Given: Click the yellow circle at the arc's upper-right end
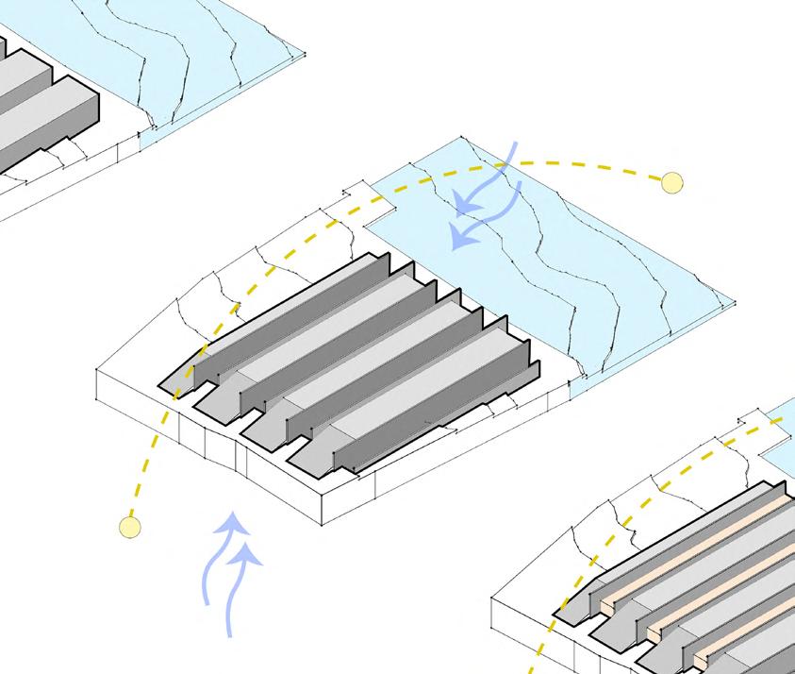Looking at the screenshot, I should tap(671, 182).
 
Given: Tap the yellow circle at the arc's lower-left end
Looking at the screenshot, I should tap(130, 527).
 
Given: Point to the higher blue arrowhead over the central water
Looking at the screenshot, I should tap(464, 203).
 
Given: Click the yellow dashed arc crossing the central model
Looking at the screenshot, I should tap(273, 264).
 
